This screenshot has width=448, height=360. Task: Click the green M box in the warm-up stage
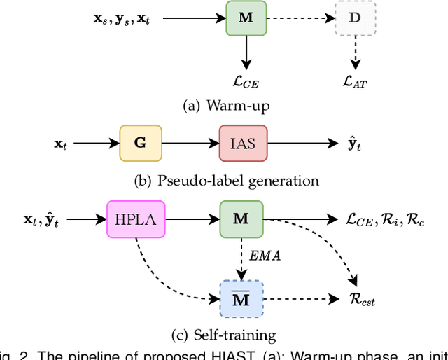246,18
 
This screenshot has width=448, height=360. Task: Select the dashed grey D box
354,18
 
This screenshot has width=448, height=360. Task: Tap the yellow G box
140,143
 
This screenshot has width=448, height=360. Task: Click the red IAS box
242,143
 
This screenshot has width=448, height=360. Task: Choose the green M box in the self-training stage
240,219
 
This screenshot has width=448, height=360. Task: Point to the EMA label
265,257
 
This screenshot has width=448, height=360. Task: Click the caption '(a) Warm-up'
225,107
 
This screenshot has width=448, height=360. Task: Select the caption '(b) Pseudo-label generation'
226,181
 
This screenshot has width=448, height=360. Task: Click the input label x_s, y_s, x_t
122,19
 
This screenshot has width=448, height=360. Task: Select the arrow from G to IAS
190,143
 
